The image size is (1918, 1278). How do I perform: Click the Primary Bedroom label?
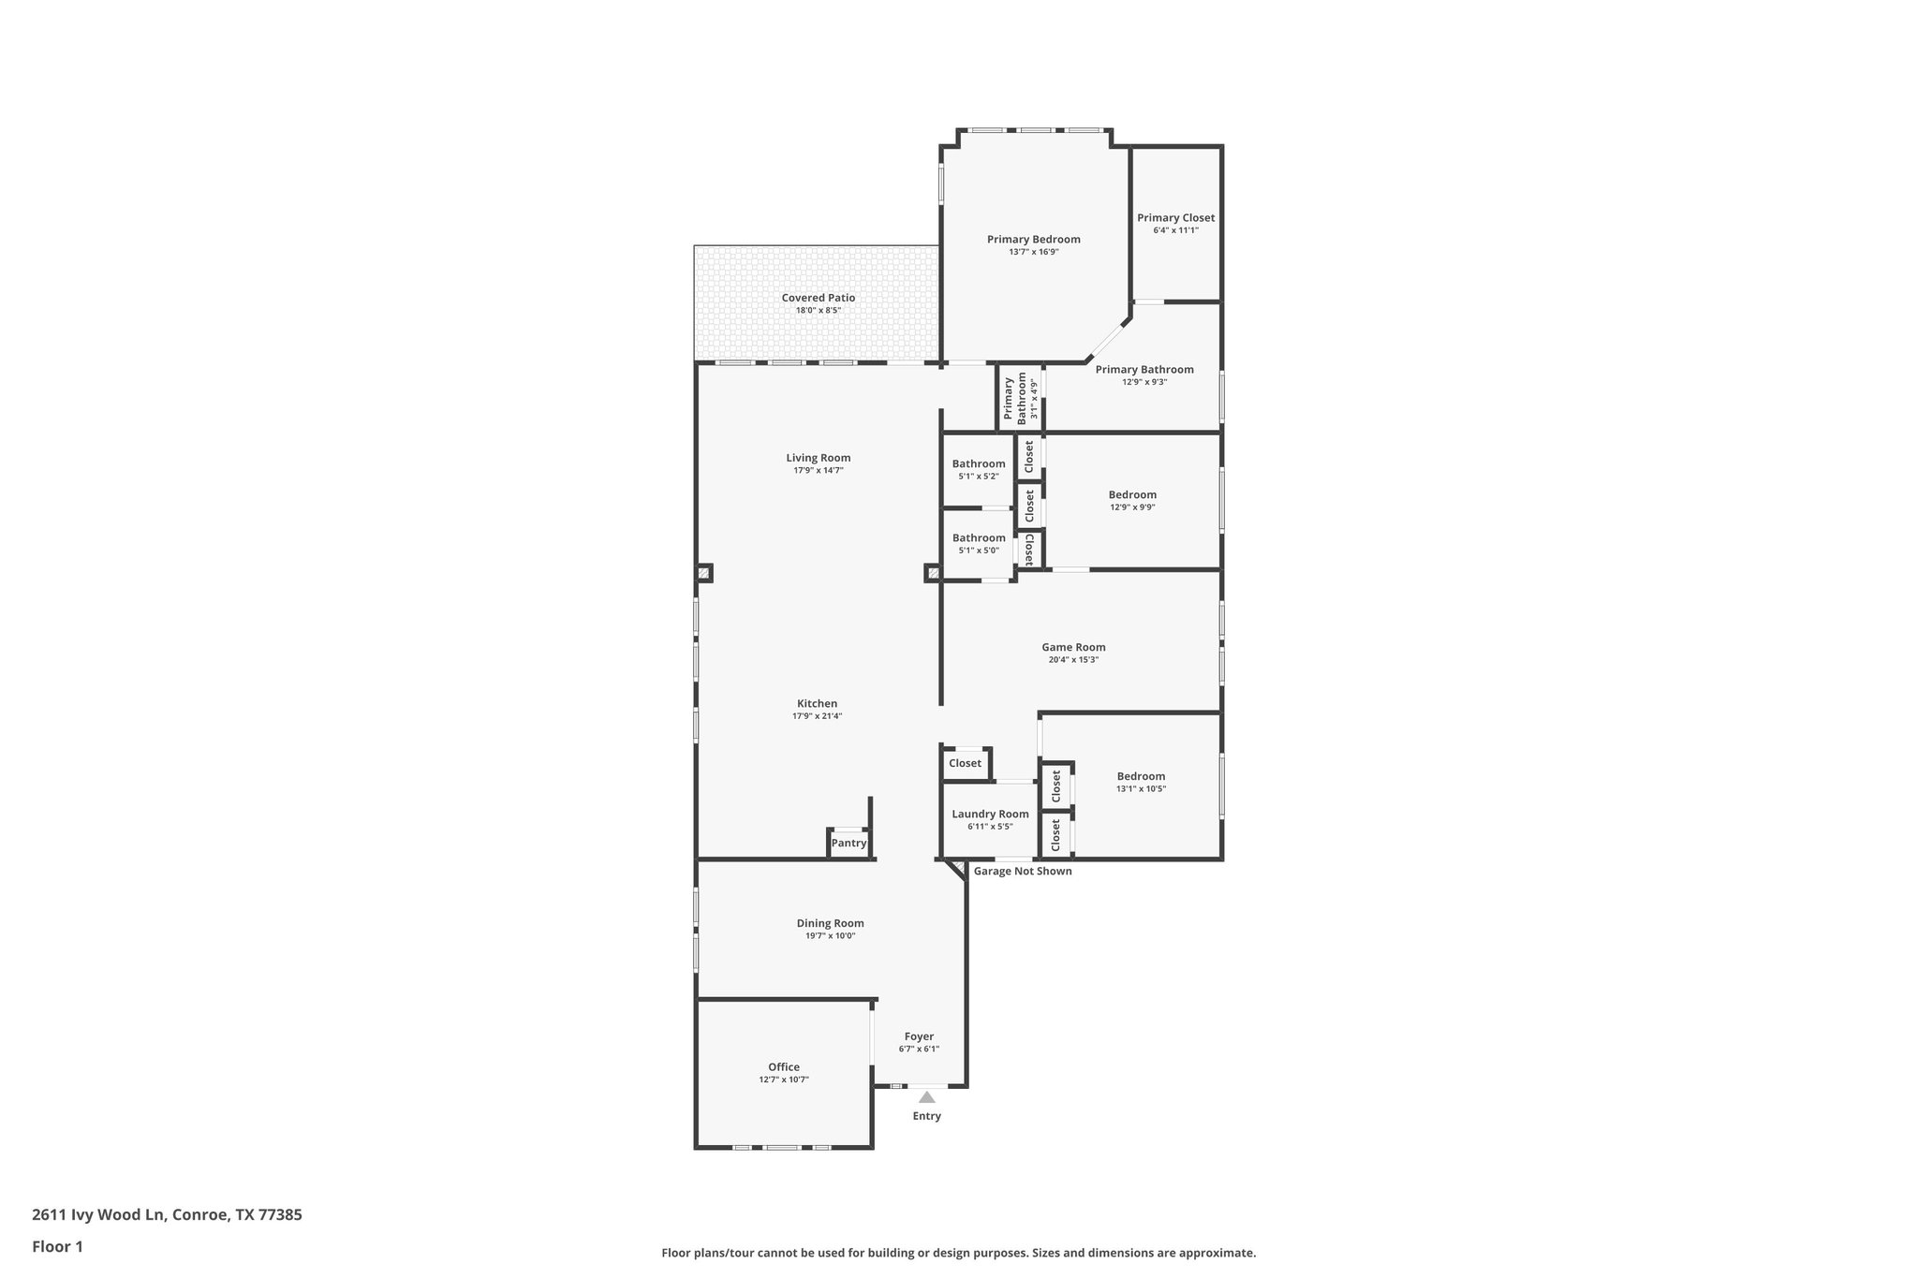coord(1033,240)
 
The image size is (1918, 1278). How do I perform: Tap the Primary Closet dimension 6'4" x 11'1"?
coord(1175,230)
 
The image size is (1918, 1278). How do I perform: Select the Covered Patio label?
coord(818,298)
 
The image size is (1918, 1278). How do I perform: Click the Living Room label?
coord(818,458)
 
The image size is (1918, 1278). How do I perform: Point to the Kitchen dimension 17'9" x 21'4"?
coord(817,716)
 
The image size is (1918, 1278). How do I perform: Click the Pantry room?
coord(848,843)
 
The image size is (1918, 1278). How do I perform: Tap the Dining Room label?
coord(830,923)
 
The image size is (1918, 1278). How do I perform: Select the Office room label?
coord(784,1067)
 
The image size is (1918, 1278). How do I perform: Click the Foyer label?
coord(919,1036)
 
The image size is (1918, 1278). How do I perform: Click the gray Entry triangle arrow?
coord(926,1097)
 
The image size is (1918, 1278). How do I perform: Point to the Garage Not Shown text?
coord(1023,872)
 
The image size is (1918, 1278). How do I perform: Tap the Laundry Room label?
coord(990,815)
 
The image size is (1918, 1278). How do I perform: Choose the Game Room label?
coord(1073,647)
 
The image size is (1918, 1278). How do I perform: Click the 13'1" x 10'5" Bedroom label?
coord(1141,776)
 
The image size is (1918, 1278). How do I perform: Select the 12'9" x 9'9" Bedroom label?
coord(1132,495)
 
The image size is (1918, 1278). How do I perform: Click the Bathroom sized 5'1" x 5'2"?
coord(979,464)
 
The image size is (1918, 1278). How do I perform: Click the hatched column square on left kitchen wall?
coord(704,573)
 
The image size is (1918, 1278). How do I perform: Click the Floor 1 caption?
coord(58,1246)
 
